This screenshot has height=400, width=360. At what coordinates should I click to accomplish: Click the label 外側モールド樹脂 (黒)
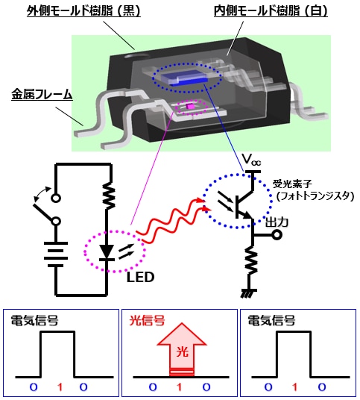(x=83, y=11)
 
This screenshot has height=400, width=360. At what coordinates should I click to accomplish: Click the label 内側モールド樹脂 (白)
(x=271, y=11)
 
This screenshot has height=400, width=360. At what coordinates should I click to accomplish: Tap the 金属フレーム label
(x=42, y=95)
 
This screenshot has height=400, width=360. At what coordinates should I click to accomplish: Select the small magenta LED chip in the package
(x=190, y=107)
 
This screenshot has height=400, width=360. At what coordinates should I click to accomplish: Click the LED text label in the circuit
(x=140, y=278)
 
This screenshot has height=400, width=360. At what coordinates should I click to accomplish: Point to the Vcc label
(x=251, y=160)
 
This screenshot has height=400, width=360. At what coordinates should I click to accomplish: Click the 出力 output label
(x=277, y=222)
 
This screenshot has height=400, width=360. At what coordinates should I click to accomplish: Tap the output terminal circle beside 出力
(x=277, y=234)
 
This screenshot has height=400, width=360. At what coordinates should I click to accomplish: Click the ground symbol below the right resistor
(x=249, y=293)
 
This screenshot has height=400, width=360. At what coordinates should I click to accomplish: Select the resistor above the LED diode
(x=109, y=196)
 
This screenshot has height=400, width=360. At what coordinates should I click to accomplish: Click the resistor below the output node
(x=251, y=260)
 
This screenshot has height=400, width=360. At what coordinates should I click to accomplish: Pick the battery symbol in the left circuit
(x=56, y=254)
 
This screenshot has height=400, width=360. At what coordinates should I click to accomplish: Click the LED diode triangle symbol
(x=107, y=252)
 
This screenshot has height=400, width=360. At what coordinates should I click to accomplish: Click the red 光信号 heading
(x=147, y=321)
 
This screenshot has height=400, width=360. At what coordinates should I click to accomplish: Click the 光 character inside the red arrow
(x=182, y=352)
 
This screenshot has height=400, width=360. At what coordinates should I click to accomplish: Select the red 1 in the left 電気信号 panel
(x=60, y=387)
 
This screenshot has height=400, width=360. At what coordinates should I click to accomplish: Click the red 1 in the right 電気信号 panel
(x=295, y=387)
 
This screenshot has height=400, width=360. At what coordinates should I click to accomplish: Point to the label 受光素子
(x=292, y=184)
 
